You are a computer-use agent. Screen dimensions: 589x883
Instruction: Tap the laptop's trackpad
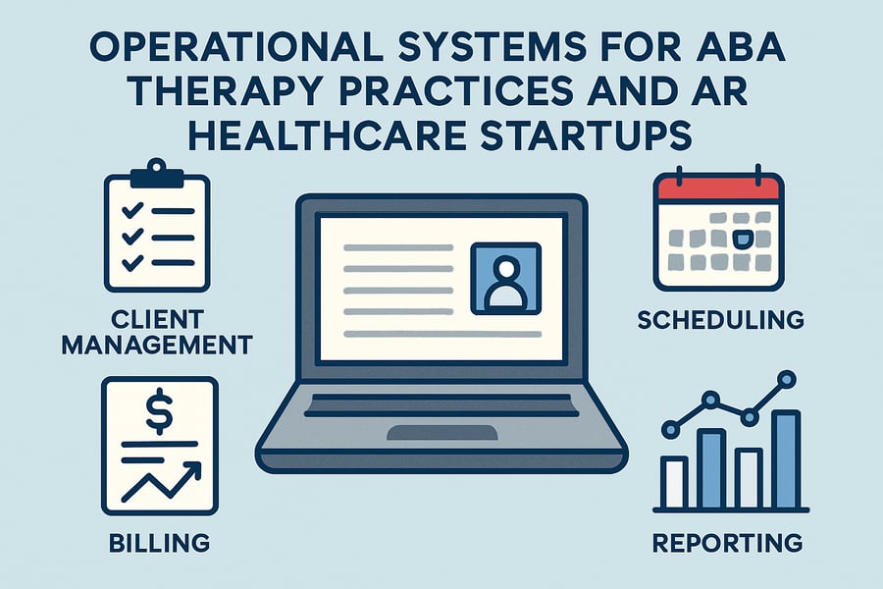click(441, 432)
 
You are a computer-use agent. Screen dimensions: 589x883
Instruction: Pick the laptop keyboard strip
click(441, 403)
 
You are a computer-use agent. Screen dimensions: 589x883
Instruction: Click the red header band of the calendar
click(719, 187)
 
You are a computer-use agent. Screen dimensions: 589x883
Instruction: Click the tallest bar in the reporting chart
click(786, 456)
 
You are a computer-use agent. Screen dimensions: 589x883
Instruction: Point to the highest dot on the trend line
click(785, 377)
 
